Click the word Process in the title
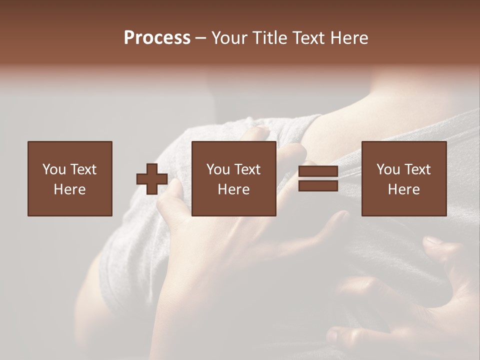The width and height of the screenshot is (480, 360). pyautogui.click(x=157, y=38)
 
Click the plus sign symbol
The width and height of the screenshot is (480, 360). pyautogui.click(x=152, y=178)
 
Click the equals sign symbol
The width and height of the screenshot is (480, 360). pyautogui.click(x=318, y=178)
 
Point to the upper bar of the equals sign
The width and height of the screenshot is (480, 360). pyautogui.click(x=318, y=171)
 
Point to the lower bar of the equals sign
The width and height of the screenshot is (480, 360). pyautogui.click(x=318, y=185)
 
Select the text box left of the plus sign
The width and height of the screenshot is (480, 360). pyautogui.click(x=69, y=178)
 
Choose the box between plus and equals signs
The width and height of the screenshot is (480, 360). pyautogui.click(x=233, y=178)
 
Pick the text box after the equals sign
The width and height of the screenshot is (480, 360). pyautogui.click(x=403, y=178)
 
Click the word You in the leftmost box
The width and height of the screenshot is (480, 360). pyautogui.click(x=54, y=169)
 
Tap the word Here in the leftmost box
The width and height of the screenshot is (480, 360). pyautogui.click(x=69, y=189)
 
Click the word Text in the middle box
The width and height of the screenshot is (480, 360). pyautogui.click(x=247, y=169)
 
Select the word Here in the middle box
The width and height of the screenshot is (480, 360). pyautogui.click(x=233, y=189)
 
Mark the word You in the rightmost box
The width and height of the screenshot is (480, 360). pyautogui.click(x=388, y=169)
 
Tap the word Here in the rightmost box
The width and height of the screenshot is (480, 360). pyautogui.click(x=403, y=189)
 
